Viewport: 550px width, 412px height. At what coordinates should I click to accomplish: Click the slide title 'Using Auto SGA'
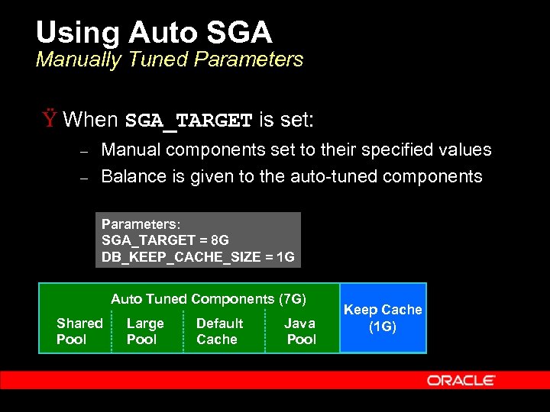click(x=154, y=32)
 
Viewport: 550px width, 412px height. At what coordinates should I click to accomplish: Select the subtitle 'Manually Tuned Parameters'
click(x=169, y=60)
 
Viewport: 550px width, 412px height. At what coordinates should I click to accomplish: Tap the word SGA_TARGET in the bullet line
click(x=189, y=121)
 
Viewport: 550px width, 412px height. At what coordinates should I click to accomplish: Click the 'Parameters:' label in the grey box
click(x=139, y=224)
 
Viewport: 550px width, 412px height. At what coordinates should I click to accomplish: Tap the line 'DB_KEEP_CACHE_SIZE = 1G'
click(x=198, y=257)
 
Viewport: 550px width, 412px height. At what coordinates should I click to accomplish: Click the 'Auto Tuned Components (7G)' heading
click(x=209, y=299)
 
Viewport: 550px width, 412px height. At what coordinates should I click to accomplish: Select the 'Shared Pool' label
click(x=79, y=331)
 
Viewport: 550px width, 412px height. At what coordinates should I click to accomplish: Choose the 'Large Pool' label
click(x=145, y=331)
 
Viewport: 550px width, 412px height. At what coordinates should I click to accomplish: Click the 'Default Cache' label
click(x=219, y=331)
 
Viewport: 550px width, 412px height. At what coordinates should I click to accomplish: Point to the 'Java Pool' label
click(x=300, y=331)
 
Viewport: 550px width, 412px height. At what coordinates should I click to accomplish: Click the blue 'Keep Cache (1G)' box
click(x=383, y=317)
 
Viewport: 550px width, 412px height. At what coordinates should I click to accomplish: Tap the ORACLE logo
click(x=461, y=380)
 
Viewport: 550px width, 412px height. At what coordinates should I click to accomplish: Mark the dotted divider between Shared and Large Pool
click(x=112, y=331)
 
